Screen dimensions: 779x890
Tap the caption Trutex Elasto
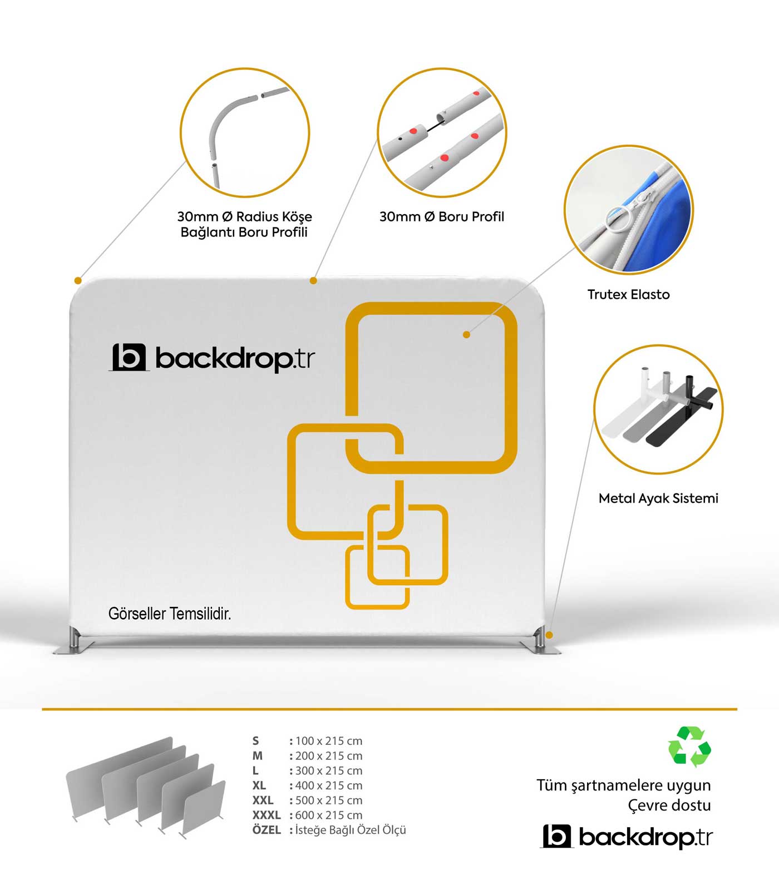(x=628, y=294)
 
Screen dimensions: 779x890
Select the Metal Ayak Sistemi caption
(x=658, y=498)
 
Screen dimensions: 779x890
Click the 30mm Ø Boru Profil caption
(x=442, y=216)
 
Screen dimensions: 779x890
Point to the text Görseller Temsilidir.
(x=170, y=614)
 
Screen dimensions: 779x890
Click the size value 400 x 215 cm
(x=329, y=785)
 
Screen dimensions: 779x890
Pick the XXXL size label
(x=267, y=815)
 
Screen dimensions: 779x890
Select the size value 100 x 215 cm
(x=329, y=741)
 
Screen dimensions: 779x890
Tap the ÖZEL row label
(x=267, y=829)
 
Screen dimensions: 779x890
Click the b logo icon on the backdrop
(x=129, y=357)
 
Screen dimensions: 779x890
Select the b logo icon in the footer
(x=557, y=836)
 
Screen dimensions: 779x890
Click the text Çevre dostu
(x=669, y=805)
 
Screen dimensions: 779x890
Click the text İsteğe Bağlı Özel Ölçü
(x=351, y=830)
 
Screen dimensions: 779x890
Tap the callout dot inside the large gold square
(x=466, y=334)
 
